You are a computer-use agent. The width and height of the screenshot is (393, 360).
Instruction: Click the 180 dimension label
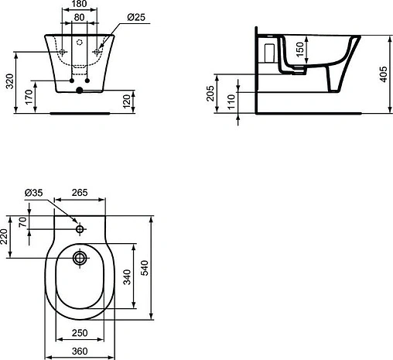point(80,4)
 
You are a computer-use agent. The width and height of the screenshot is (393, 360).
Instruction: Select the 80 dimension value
point(79,17)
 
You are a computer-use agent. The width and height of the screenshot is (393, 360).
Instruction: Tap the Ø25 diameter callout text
point(136,17)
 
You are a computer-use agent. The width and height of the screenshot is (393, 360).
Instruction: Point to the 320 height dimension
point(9,81)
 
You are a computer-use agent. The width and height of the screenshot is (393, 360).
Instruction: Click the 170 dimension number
point(29,97)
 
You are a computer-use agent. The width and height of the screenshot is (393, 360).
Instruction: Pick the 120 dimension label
point(127,101)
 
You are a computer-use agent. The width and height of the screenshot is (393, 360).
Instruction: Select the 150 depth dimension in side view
point(300,50)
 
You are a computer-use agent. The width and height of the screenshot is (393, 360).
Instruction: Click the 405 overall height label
point(384,74)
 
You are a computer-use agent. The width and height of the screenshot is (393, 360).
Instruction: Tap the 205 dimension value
point(210,94)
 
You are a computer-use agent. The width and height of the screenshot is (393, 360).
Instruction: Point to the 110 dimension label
point(231,102)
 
